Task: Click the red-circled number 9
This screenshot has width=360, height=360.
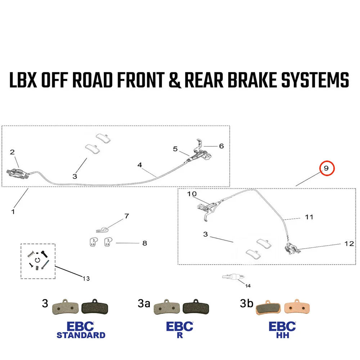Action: point(326,168)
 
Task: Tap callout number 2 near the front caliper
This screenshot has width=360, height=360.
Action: point(12,153)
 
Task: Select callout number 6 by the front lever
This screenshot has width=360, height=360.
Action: point(221,146)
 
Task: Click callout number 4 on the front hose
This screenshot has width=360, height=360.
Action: point(140,165)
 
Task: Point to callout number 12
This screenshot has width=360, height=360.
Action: point(349,244)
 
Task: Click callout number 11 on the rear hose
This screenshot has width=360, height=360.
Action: point(309,217)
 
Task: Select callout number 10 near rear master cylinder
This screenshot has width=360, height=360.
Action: point(192,194)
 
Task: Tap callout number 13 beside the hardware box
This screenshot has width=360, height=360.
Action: point(86,278)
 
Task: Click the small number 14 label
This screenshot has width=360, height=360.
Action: point(248,286)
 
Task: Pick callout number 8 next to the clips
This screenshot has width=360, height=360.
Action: point(144,243)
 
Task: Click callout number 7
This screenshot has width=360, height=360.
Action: point(126,216)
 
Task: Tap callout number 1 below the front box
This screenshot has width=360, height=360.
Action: point(13,212)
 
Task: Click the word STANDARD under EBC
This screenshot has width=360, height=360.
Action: point(81,335)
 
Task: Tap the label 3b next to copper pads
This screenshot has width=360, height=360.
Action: point(246,304)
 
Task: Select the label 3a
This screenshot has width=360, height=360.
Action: point(144,304)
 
